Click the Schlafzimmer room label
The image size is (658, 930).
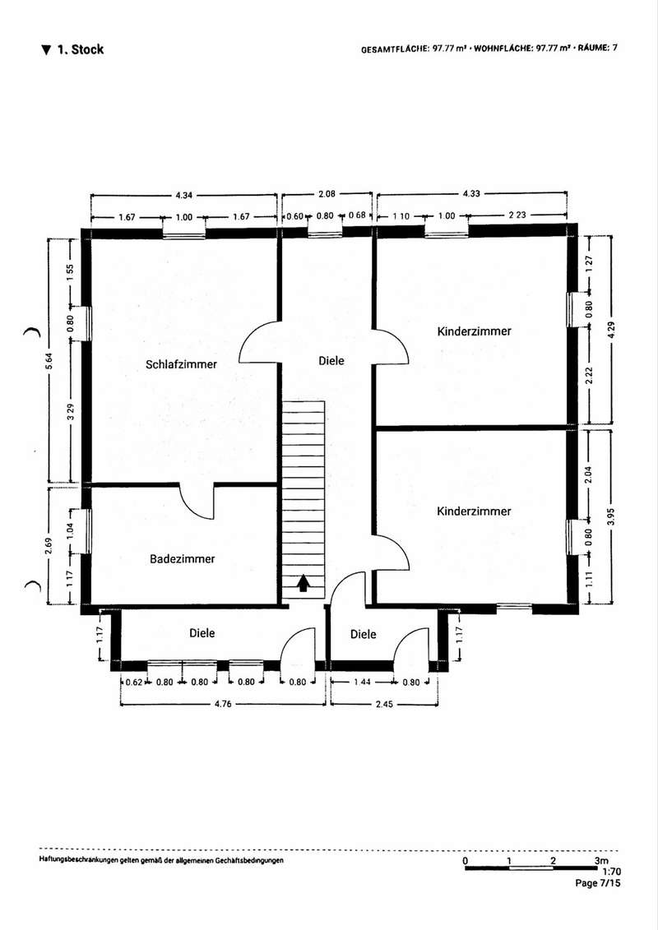coord(181,365)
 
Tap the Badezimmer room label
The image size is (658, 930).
coord(182,558)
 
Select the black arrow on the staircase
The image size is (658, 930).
coord(304,583)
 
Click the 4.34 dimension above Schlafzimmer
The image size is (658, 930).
coord(184,195)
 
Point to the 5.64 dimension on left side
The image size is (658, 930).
coord(52,361)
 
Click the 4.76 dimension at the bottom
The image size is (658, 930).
coord(223,704)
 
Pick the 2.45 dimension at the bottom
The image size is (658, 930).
coord(384,704)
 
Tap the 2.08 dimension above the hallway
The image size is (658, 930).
coord(327,193)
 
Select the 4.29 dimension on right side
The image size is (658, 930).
coord(612,330)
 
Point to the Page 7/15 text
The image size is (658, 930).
coord(597,883)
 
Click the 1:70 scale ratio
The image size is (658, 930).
coord(611,872)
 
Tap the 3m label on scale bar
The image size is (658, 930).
coord(601,861)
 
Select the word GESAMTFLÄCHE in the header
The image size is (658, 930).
coord(395,49)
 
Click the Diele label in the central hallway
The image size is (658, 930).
coord(331,361)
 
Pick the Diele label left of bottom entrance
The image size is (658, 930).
coord(202,633)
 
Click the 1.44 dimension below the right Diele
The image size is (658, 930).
coord(362,682)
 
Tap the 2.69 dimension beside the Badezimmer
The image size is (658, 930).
coord(50,545)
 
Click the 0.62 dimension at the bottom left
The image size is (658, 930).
coord(134,682)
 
